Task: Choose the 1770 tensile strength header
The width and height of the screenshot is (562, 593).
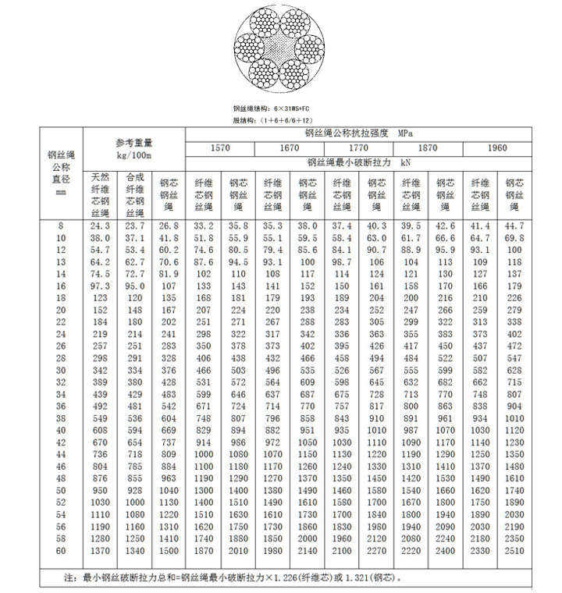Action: click(359, 148)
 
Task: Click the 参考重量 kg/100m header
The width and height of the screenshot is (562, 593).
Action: click(134, 148)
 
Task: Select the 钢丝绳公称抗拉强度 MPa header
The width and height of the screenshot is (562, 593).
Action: click(359, 133)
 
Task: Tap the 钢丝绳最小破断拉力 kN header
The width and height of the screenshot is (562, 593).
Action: click(359, 163)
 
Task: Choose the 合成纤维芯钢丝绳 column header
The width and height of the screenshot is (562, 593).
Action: click(134, 194)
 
